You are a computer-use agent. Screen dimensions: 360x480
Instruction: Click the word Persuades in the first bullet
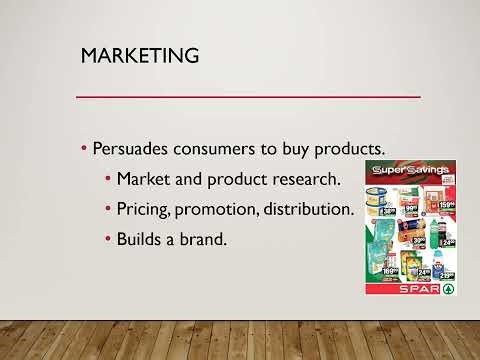click(x=134, y=148)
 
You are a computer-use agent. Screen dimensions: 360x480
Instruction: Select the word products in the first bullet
click(x=350, y=148)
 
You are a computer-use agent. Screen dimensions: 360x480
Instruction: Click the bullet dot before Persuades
click(x=84, y=149)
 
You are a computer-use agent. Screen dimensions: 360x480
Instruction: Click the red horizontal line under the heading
click(x=249, y=96)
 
